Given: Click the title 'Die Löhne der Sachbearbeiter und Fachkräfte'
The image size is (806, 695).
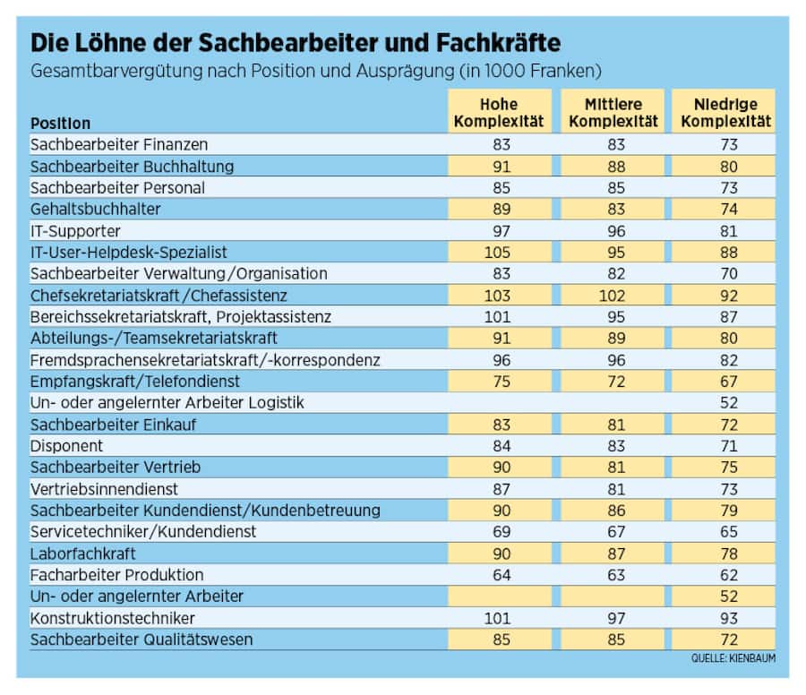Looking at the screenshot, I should pos(296,43).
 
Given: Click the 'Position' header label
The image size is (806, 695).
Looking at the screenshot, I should pos(61,123).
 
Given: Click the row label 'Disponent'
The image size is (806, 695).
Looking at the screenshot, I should pos(67,446).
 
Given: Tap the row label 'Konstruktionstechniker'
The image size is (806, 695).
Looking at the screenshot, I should pos(113,618).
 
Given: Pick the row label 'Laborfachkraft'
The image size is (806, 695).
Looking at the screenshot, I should pos(83,553).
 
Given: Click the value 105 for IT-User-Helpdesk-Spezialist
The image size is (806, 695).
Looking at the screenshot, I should pos(498,253).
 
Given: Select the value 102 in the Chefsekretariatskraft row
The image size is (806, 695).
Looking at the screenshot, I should pos(613,296).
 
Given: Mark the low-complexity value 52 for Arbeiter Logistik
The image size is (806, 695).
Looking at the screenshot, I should pos(729,403).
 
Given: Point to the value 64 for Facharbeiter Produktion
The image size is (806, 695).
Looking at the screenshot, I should pos(498,575).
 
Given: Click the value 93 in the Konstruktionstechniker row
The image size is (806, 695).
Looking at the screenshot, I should pos(729,618).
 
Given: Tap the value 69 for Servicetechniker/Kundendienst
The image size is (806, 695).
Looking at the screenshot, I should pos(498,532).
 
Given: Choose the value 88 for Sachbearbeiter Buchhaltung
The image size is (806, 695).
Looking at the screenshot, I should pos(613,167).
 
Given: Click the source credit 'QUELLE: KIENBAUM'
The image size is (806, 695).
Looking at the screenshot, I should pos(733,658).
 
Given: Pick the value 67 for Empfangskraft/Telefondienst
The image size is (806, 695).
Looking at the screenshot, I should pos(729,382).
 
